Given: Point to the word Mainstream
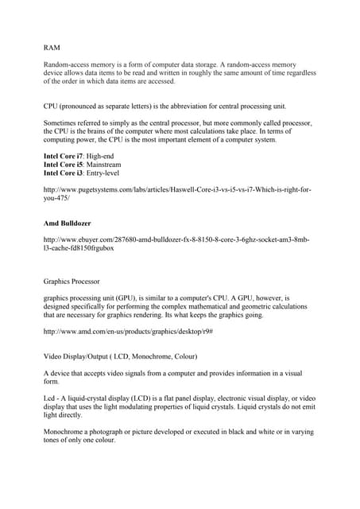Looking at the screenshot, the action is click(x=106, y=164).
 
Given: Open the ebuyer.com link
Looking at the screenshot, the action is click(x=176, y=243).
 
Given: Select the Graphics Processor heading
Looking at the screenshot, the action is click(x=72, y=281).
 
